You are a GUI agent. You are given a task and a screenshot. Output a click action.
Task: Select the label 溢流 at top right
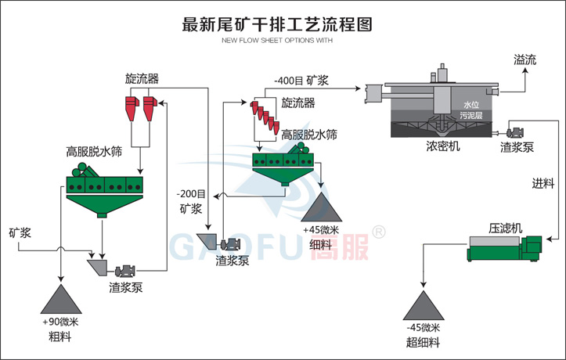(x=525, y=60)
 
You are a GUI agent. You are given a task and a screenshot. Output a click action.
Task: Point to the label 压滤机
(x=504, y=228)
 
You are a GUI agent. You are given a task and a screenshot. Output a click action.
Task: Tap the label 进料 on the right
(x=543, y=184)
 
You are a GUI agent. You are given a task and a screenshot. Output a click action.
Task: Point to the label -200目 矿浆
(x=191, y=201)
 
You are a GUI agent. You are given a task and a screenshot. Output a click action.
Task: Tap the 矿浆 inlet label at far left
(x=20, y=232)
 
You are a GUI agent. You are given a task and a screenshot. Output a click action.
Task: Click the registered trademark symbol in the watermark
(x=378, y=232)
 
